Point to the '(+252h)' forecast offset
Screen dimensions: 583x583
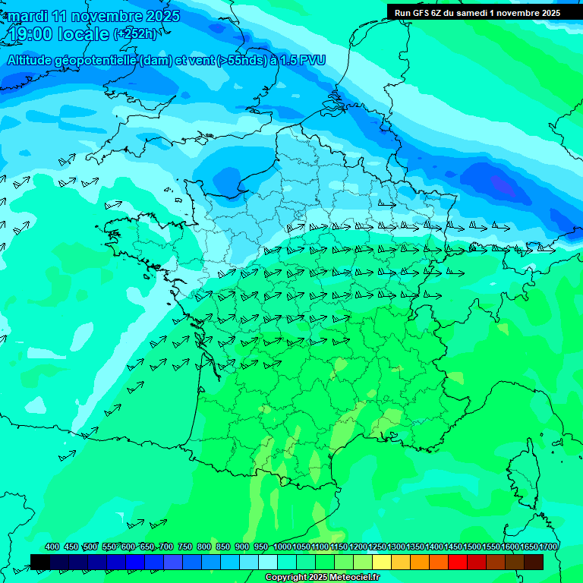point(135,34)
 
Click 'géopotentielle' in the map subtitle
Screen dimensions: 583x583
point(93,60)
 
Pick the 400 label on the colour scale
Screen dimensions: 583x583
point(52,547)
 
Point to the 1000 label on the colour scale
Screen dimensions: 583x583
point(282,547)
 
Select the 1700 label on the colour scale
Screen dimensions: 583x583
point(548,547)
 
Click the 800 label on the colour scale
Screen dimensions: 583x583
point(204,547)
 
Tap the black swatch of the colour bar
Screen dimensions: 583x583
point(40,562)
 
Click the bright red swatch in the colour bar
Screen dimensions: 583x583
point(458,562)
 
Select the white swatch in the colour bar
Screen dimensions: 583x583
point(268,562)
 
